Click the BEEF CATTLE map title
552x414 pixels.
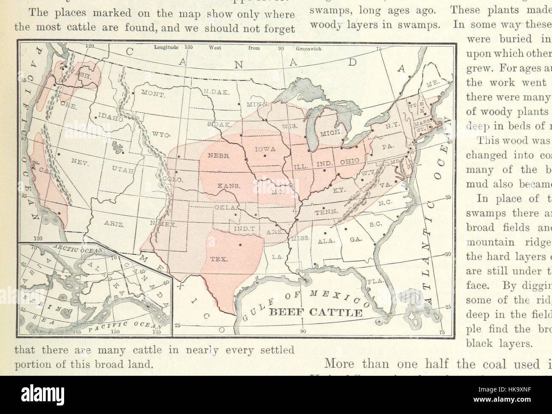click(x=316, y=313)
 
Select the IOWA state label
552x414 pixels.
click(x=266, y=149)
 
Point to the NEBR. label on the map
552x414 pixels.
click(x=219, y=156)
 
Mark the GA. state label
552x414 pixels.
click(x=355, y=239)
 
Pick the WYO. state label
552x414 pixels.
click(x=161, y=135)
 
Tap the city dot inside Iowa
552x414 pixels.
click(x=265, y=156)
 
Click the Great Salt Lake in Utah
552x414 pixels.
click(x=115, y=147)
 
